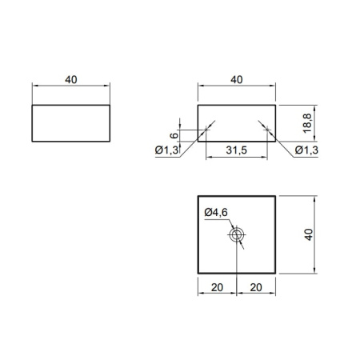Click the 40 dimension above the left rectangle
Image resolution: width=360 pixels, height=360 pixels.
[71, 80]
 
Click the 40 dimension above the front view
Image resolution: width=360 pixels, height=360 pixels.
[237, 80]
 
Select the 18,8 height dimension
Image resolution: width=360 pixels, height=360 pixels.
[307, 123]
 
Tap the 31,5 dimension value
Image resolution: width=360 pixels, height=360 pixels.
[237, 150]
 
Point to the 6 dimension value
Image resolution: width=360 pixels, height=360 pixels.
[174, 135]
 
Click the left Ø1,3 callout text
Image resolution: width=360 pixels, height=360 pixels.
[166, 150]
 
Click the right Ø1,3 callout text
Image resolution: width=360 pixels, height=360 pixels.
[306, 150]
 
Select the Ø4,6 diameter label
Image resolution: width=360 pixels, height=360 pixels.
[216, 212]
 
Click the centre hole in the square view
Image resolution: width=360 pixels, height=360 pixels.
[237, 235]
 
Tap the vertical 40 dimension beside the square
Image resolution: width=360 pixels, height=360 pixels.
[309, 234]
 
